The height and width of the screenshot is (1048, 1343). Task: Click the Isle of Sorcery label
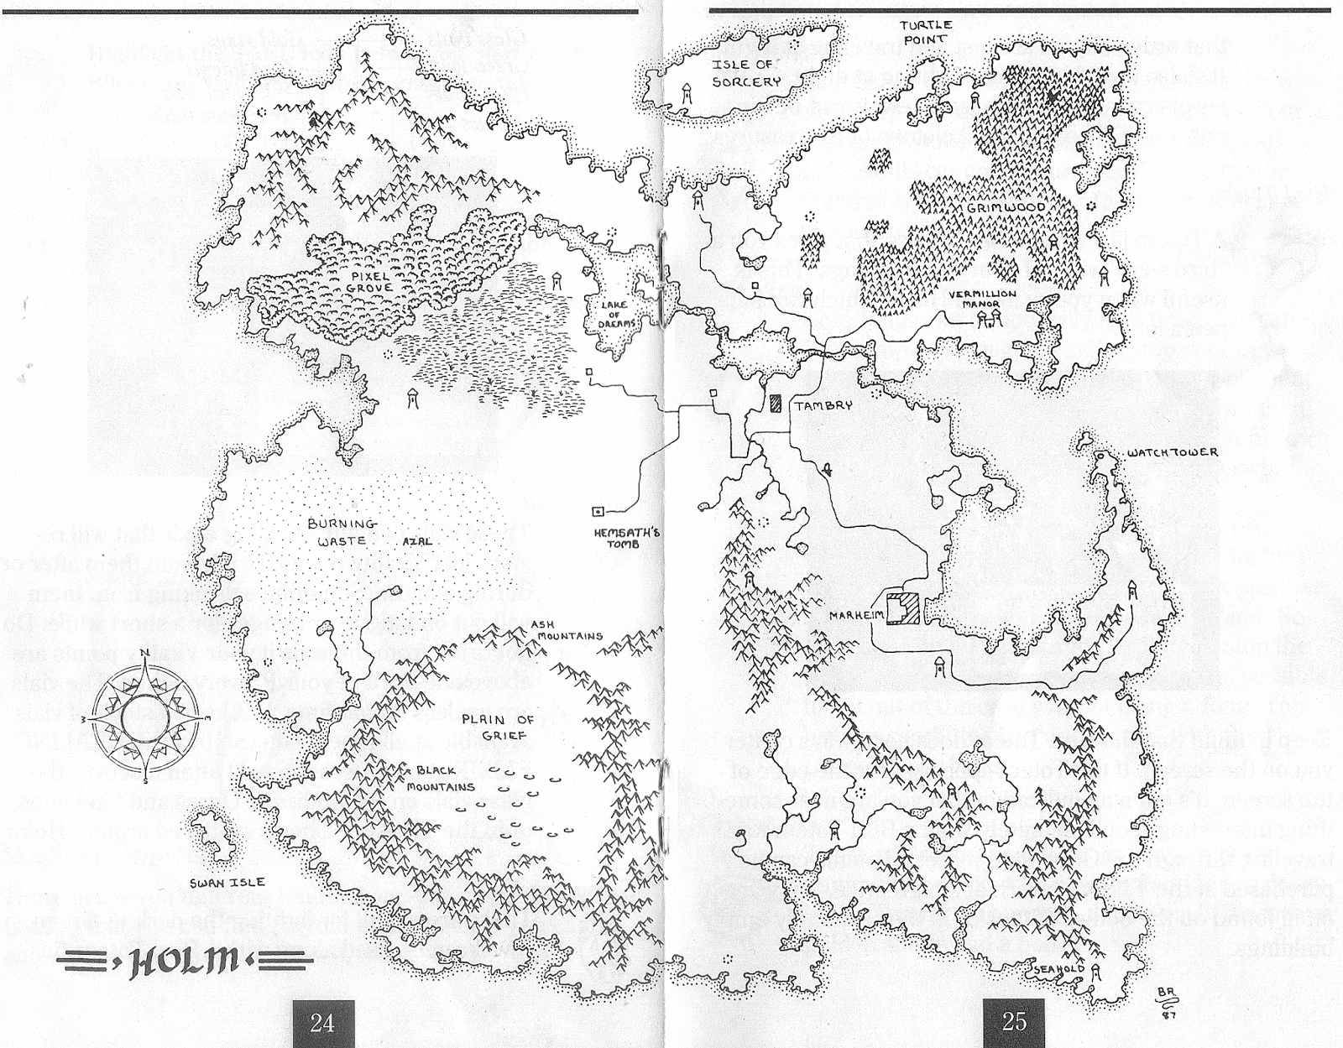pyautogui.click(x=746, y=73)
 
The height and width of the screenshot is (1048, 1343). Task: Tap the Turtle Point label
pyautogui.click(x=926, y=32)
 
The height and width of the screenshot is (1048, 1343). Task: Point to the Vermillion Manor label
pyautogui.click(x=983, y=299)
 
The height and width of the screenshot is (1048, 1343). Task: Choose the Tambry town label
pyautogui.click(x=823, y=405)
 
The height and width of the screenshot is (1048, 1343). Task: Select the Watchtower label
pyautogui.click(x=1172, y=453)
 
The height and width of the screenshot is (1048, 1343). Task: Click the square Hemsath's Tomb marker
pyautogui.click(x=598, y=511)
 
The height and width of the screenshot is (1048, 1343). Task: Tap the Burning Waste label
pyautogui.click(x=342, y=532)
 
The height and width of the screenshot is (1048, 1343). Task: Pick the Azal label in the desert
pyautogui.click(x=417, y=541)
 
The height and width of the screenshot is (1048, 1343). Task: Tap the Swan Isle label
pyautogui.click(x=227, y=882)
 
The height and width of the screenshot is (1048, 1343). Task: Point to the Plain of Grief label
pyautogui.click(x=497, y=727)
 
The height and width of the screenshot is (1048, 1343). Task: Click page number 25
pyautogui.click(x=1014, y=1021)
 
